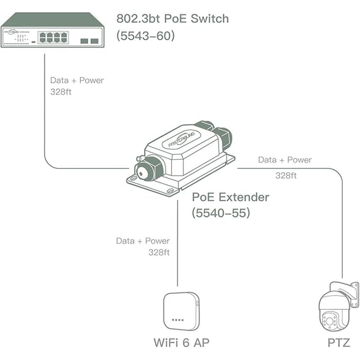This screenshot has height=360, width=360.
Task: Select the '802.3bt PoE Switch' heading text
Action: click(172, 18)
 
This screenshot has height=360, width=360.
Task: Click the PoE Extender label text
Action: click(230, 197)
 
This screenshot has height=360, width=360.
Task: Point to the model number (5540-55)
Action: click(221, 213)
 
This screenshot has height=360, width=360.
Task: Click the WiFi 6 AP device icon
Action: click(181, 311)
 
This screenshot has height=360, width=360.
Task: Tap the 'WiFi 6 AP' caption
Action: click(181, 342)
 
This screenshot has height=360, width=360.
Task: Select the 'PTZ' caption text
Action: click(339, 342)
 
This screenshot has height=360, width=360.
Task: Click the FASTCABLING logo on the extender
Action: click(181, 139)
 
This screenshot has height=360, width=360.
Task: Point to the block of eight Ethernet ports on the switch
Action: click(53, 37)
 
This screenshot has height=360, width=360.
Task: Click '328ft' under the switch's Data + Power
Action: click(61, 91)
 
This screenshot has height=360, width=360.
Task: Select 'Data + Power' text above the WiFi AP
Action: click(143, 241)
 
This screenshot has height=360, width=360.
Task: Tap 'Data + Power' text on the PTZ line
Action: click(285, 159)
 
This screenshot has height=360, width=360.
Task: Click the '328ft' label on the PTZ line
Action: click(286, 175)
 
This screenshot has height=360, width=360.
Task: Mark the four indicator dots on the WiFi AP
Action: click(178, 320)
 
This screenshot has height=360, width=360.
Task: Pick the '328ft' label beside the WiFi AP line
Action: click(159, 252)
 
